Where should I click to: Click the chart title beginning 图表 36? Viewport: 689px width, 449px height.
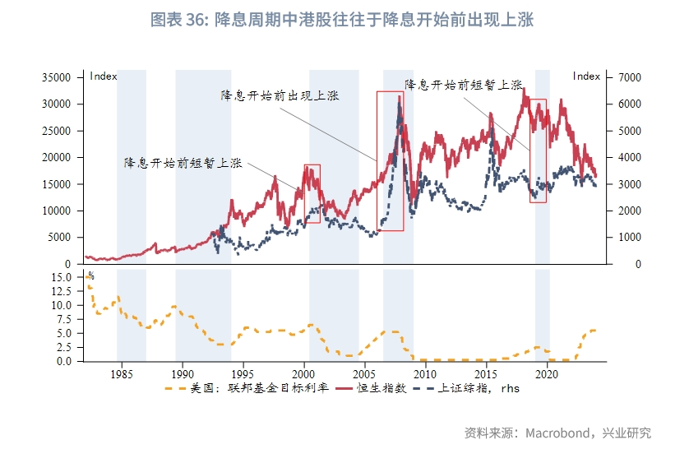click(x=343, y=20)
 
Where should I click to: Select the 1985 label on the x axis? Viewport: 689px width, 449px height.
click(x=121, y=373)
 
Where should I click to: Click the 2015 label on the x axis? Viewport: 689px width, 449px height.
click(x=486, y=373)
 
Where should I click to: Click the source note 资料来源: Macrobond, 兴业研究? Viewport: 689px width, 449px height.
click(x=558, y=433)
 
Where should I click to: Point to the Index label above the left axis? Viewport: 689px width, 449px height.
click(x=104, y=76)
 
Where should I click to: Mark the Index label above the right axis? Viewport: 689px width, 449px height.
click(x=586, y=76)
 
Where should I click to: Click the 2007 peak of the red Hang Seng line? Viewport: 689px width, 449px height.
click(x=399, y=97)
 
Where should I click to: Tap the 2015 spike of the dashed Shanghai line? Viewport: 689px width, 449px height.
click(x=492, y=129)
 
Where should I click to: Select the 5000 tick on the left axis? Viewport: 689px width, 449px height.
click(x=62, y=238)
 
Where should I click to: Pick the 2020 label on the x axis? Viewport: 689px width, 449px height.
click(x=547, y=373)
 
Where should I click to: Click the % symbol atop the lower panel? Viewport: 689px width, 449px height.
click(x=90, y=275)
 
